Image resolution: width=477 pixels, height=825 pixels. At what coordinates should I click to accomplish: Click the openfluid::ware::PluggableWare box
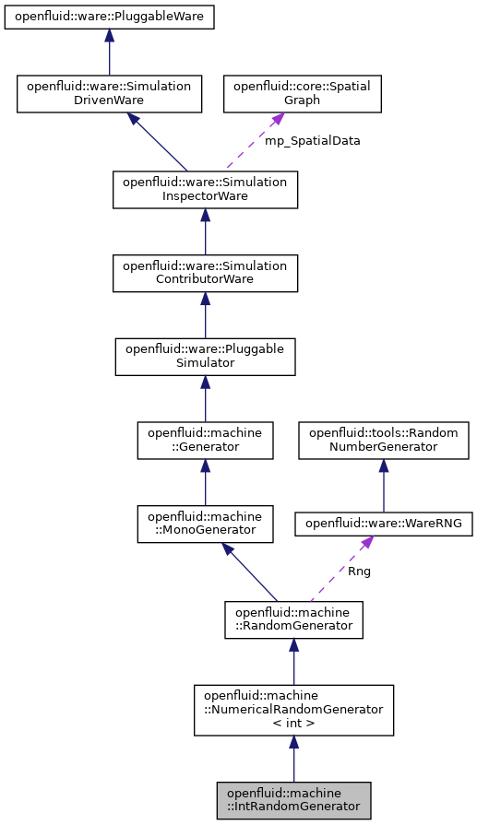(x=109, y=18)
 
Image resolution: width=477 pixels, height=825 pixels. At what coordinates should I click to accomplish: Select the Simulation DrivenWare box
(x=109, y=93)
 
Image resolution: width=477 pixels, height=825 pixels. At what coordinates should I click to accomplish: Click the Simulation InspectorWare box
(x=205, y=189)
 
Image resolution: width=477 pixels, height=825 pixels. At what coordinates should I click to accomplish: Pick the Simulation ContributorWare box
(x=205, y=273)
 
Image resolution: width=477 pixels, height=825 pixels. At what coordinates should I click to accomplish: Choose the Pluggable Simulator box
(x=205, y=356)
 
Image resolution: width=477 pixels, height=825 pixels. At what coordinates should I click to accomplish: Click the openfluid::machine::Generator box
(x=205, y=440)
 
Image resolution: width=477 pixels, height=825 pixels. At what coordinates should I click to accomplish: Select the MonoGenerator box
(x=205, y=523)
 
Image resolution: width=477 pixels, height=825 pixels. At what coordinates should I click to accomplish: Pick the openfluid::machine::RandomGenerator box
(x=293, y=619)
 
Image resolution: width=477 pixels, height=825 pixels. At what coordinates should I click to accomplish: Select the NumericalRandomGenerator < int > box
(x=293, y=709)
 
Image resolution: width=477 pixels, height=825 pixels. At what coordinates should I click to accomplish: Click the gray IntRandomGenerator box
(x=293, y=799)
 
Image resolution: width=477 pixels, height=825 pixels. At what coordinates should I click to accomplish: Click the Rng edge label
(x=359, y=571)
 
